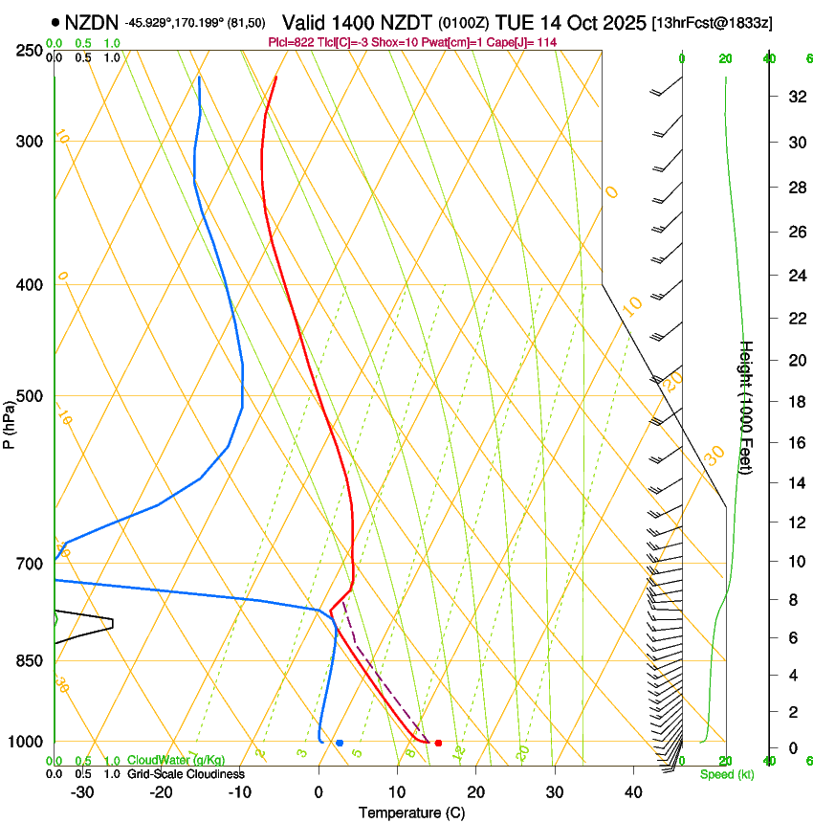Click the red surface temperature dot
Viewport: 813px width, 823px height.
coord(438,743)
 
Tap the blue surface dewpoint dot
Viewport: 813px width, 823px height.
coord(340,743)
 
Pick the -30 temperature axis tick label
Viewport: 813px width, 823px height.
coord(82,792)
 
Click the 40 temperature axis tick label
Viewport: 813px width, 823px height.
coord(632,792)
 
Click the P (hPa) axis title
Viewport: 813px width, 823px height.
coord(10,421)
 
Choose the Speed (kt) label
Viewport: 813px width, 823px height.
coord(727,774)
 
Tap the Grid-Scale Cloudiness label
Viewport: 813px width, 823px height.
coord(185,774)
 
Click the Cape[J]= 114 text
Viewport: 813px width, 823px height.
coord(530,42)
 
